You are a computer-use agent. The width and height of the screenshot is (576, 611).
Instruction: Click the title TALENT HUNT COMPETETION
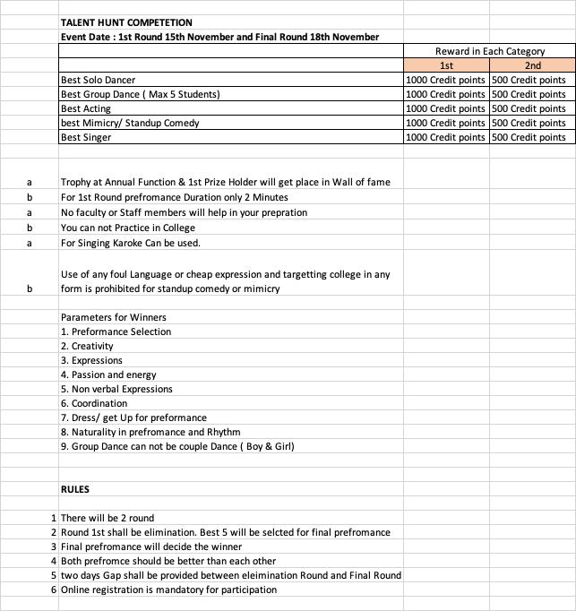click(126, 22)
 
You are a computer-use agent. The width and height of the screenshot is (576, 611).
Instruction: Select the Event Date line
click(219, 37)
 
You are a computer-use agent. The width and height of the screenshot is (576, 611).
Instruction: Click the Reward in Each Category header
click(489, 51)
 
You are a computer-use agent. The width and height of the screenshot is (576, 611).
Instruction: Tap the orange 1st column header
click(446, 65)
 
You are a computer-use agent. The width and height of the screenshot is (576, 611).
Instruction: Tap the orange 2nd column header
click(533, 65)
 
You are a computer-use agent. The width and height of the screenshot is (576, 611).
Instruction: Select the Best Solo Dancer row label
click(99, 80)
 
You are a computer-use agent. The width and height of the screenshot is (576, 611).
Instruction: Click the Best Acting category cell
click(86, 108)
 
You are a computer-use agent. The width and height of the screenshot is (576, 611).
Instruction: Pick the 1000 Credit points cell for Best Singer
click(446, 137)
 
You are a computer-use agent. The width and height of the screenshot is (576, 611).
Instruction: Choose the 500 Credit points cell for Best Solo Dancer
click(529, 80)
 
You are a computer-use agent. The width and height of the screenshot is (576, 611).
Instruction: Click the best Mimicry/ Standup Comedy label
click(130, 123)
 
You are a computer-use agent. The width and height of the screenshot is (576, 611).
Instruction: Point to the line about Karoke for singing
click(131, 243)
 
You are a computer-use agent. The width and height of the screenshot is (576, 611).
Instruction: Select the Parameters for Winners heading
click(114, 317)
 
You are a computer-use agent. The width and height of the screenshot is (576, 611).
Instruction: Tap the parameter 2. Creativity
click(87, 346)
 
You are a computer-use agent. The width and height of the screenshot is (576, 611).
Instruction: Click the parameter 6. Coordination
click(94, 403)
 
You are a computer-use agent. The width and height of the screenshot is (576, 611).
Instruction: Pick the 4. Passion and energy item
click(108, 374)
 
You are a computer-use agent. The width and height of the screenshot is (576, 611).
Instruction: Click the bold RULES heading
click(75, 489)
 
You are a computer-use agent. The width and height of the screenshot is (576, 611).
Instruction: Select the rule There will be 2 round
click(107, 518)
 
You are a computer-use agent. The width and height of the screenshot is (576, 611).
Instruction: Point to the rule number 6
click(54, 589)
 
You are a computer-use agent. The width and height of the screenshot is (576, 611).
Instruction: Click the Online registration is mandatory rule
click(169, 589)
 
